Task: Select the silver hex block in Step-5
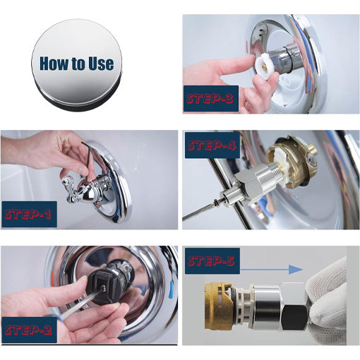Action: pyautogui.click(x=289, y=307)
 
